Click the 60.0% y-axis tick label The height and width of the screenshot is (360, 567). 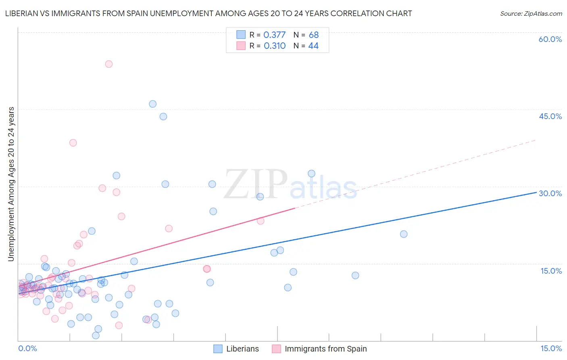[550, 39]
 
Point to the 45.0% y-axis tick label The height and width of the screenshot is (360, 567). [550, 116]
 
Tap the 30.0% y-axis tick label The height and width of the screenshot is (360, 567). [550, 193]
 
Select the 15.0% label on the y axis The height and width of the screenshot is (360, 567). [551, 271]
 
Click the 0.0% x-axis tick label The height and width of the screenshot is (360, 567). [27, 348]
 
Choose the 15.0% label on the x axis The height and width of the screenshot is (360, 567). [551, 348]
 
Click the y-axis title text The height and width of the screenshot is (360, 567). [11, 184]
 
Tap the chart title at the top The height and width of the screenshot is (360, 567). [208, 13]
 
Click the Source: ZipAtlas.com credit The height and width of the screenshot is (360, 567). [531, 13]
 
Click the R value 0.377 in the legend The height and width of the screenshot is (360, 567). [274, 35]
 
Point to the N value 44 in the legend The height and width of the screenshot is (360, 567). [313, 46]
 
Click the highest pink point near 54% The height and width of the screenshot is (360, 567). [108, 64]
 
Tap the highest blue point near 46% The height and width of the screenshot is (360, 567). [152, 104]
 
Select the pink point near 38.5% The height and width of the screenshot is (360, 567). [73, 142]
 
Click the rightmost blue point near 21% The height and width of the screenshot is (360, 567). [404, 234]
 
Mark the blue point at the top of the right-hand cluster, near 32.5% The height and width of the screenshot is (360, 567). [311, 174]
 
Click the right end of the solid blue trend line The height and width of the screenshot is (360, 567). [536, 193]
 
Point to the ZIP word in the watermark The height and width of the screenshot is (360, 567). [256, 184]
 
